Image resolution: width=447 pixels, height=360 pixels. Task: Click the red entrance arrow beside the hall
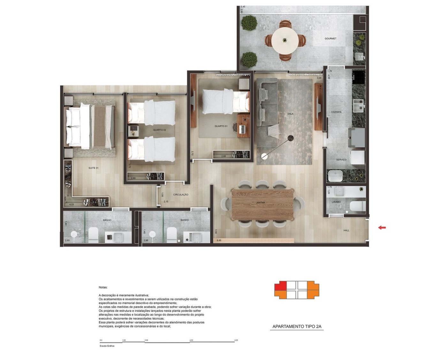coord(382,227)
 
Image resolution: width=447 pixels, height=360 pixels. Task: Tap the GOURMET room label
coord(330,39)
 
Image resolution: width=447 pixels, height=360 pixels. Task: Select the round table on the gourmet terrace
coord(284,41)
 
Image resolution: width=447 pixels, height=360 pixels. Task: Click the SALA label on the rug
coord(290,114)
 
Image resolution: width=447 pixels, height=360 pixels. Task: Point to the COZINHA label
coord(336,112)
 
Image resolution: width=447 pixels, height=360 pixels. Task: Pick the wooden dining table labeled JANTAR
coord(262,204)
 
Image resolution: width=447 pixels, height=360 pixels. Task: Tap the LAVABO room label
coord(336,202)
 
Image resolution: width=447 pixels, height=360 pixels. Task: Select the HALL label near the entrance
coord(346,230)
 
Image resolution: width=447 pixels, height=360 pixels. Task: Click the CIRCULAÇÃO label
coord(181,195)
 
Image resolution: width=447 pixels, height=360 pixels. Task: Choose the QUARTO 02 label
coord(160,130)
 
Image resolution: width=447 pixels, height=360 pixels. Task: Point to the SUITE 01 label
coord(94,168)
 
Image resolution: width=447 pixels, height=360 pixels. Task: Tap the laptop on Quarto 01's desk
coord(242,129)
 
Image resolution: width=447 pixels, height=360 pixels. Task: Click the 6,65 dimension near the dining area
coord(219,240)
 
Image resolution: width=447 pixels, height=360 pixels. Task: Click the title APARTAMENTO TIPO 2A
coord(297,326)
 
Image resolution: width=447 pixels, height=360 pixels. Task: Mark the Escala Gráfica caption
coord(107,346)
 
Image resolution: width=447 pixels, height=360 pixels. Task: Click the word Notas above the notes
coord(103,287)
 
